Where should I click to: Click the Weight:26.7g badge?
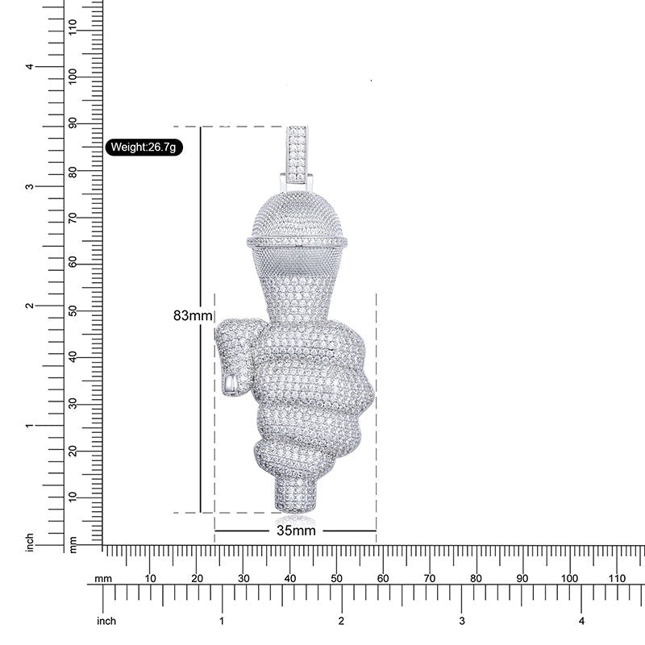(x=144, y=147)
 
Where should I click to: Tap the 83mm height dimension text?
(x=193, y=315)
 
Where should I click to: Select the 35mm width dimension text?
(x=296, y=531)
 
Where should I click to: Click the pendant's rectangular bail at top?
(x=298, y=155)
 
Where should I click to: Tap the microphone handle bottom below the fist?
(x=295, y=493)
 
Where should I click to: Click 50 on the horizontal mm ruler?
(x=336, y=578)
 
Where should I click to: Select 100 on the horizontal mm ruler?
(x=569, y=578)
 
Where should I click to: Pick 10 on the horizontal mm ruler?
(x=150, y=578)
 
